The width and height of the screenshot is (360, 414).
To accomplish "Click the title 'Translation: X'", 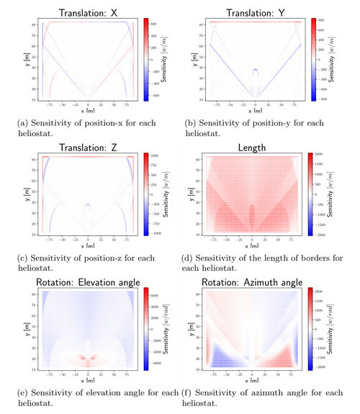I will [x=88, y=12].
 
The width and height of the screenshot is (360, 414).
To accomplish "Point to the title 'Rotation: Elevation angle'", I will [x=88, y=280].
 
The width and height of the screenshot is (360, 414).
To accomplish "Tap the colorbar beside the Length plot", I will [x=312, y=196].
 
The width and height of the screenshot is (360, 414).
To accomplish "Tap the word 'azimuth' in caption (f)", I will [x=263, y=392].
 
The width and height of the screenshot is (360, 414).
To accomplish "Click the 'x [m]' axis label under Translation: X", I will [x=89, y=116].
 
